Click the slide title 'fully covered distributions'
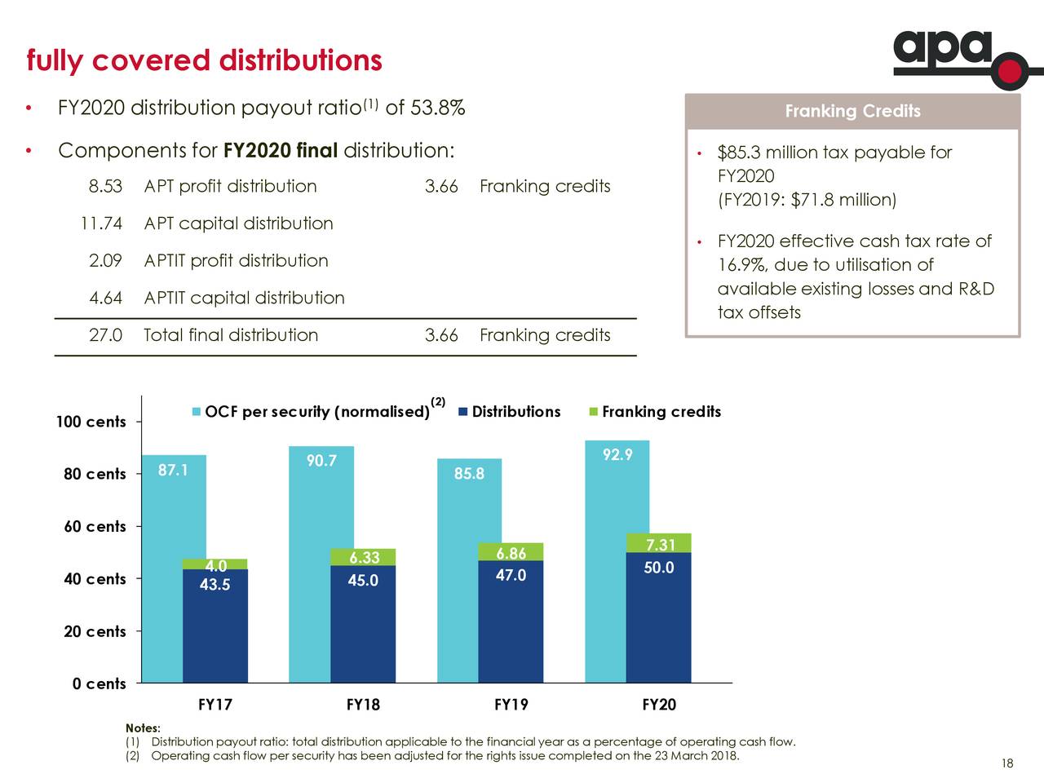click(204, 60)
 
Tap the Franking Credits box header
click(852, 112)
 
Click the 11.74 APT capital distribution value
click(100, 223)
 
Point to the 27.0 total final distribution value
click(105, 335)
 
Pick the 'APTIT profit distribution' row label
click(236, 261)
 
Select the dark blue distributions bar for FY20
click(658, 620)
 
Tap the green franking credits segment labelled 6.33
click(363, 557)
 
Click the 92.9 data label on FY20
click(617, 455)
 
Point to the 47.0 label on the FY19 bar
click(511, 577)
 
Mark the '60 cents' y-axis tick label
click(95, 527)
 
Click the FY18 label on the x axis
click(363, 705)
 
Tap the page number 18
click(1006, 763)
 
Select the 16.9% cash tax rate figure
click(742, 266)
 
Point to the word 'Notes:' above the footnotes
click(143, 728)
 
